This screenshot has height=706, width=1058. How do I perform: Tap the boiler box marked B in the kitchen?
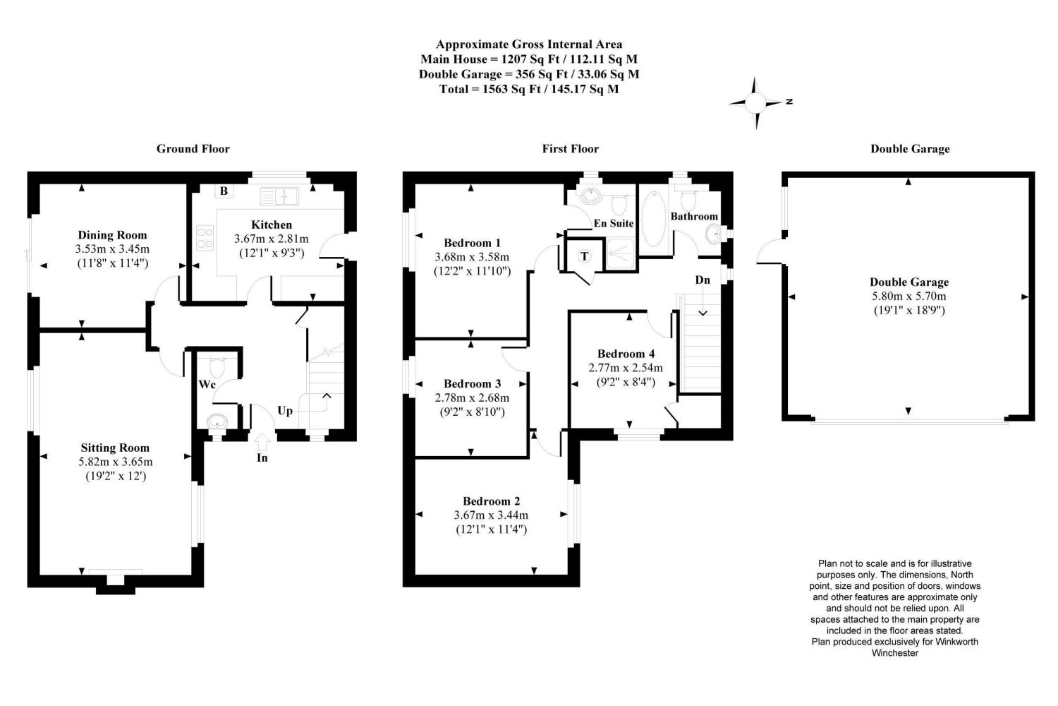[223, 191]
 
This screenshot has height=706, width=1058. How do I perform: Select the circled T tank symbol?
[584, 256]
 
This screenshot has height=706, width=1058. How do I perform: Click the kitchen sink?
[279, 196]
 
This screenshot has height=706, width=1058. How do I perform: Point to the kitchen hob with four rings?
[205, 237]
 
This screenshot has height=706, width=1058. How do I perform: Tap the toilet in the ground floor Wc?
[217, 368]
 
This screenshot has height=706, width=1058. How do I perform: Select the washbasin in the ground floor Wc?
[217, 421]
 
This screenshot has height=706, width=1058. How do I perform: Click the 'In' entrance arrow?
[262, 442]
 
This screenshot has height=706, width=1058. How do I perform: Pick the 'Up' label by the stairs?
[285, 411]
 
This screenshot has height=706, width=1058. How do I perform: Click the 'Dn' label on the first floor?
[703, 280]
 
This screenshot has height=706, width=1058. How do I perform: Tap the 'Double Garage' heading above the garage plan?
[910, 149]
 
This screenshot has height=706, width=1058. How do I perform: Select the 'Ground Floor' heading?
[193, 149]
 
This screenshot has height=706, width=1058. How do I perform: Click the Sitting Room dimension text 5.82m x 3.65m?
[116, 462]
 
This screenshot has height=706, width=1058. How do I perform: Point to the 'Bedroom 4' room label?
[626, 354]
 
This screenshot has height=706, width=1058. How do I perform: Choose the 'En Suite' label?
[613, 223]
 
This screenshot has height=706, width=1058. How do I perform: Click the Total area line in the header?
[529, 89]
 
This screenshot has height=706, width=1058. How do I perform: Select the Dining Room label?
[112, 235]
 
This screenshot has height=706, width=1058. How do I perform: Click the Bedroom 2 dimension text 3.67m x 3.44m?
[491, 515]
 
